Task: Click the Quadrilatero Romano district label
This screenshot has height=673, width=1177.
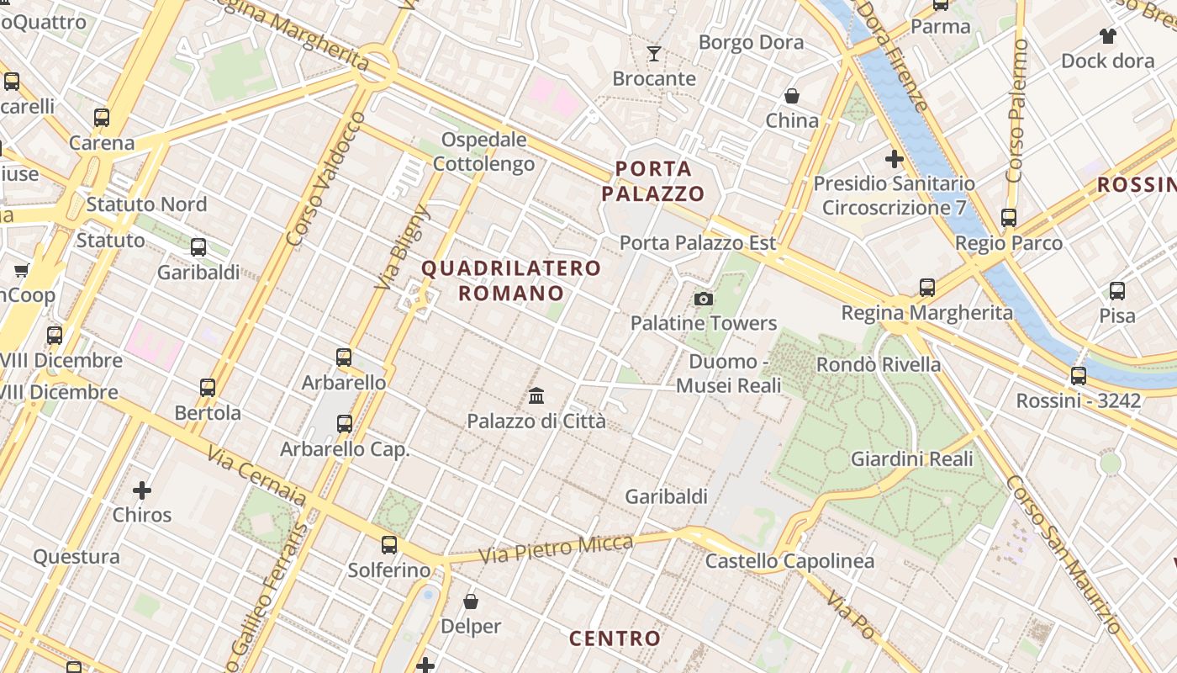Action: click(511, 281)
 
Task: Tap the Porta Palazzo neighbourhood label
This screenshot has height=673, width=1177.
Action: click(653, 182)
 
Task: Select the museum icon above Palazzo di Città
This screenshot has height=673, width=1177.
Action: click(536, 395)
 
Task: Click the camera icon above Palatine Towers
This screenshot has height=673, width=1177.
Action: click(704, 299)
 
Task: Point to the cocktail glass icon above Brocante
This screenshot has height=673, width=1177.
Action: click(654, 55)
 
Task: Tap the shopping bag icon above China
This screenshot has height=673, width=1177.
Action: click(791, 96)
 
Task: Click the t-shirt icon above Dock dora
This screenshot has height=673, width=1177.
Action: click(1107, 36)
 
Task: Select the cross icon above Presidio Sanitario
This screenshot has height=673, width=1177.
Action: click(895, 158)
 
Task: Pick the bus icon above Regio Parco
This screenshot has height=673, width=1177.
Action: click(1009, 218)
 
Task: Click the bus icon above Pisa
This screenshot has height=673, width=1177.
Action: click(1117, 291)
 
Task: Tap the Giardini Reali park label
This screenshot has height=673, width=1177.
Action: click(912, 459)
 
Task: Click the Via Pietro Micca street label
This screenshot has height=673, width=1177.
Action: click(556, 549)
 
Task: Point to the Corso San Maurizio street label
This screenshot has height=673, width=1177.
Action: click(1064, 554)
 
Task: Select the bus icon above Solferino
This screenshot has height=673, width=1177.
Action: click(388, 544)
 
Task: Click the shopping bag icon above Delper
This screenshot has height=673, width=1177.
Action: click(471, 601)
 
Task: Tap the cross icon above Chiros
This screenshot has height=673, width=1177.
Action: click(142, 490)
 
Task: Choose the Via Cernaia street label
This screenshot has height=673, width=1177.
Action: click(256, 476)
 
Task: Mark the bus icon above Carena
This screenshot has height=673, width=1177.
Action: click(102, 118)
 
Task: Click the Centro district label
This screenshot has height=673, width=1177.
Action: click(615, 639)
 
